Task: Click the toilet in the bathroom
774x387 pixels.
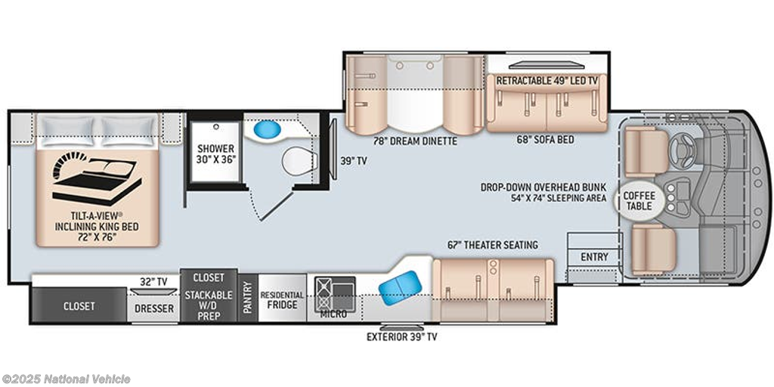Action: pos(299,160)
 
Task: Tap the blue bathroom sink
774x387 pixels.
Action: pos(267,130)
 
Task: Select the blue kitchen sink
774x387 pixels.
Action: pos(401,288)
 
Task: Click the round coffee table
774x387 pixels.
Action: pos(639,200)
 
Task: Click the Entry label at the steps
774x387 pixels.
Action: pos(594,257)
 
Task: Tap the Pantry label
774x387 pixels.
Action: pos(248,297)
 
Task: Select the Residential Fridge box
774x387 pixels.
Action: pos(283,298)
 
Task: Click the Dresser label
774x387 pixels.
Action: pos(154,308)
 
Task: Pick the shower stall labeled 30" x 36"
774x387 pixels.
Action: pos(215,153)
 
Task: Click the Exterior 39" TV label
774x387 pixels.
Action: pos(402,337)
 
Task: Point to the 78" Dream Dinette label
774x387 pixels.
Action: pos(415,141)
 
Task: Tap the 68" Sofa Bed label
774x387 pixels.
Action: pos(546,140)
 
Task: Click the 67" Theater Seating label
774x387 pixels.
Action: pos(493,245)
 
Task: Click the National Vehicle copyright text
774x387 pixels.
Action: pos(66,379)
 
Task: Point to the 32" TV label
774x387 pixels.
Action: pos(154,281)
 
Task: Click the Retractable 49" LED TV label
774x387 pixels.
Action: pos(546,80)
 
